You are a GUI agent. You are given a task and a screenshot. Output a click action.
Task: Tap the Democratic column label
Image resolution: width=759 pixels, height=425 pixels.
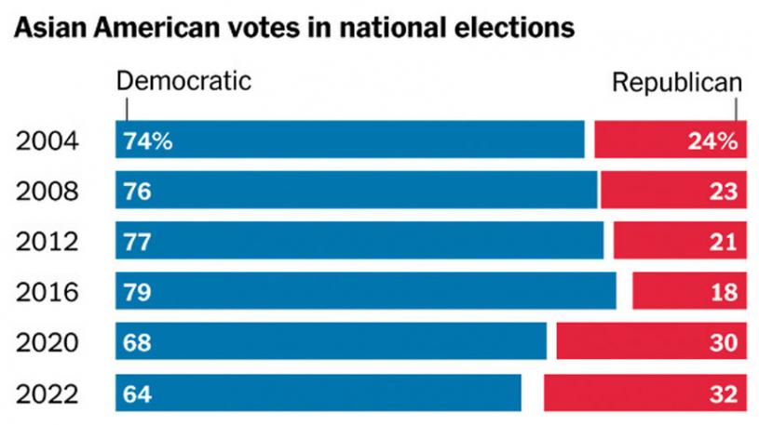183,82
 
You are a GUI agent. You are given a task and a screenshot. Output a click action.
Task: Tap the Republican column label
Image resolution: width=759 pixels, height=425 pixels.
677,83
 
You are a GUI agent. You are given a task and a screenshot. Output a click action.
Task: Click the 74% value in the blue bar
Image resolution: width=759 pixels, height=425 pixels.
148,142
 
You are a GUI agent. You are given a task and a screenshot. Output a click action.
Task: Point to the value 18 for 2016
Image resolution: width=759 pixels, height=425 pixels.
724,293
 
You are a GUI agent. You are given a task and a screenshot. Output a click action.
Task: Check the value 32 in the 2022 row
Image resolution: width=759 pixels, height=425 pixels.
724,393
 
